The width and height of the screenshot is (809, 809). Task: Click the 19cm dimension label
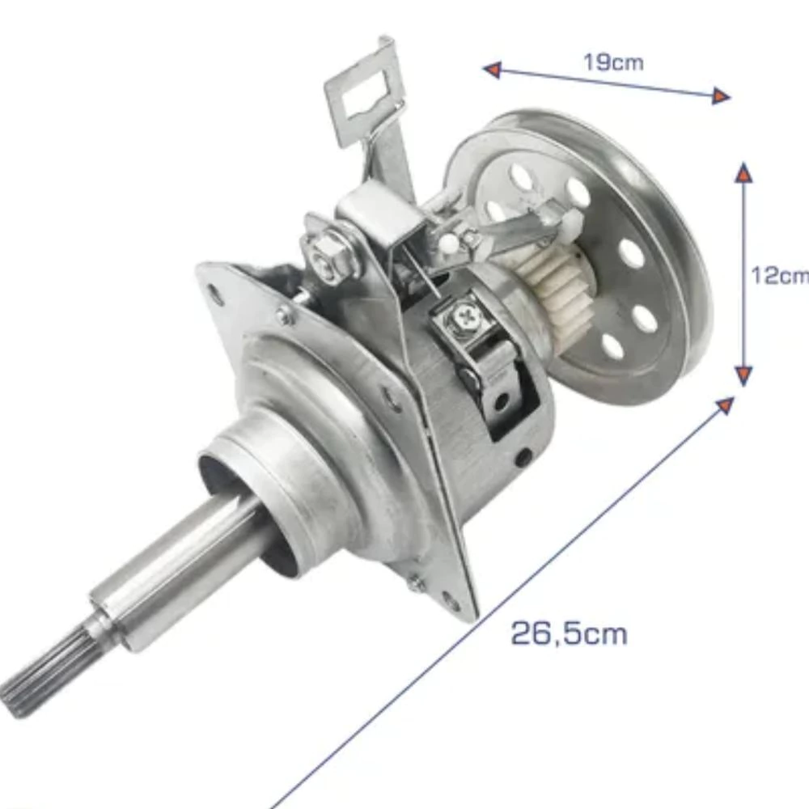coord(614,62)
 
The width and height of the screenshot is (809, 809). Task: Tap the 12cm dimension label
coord(780,275)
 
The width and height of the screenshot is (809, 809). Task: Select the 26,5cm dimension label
coord(569,633)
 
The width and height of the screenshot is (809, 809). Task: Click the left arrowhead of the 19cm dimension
coord(493,69)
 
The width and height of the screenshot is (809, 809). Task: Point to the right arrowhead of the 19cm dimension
coord(721,96)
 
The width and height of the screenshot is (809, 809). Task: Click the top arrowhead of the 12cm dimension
coord(743,172)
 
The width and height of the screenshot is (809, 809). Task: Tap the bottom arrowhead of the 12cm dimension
coord(743,376)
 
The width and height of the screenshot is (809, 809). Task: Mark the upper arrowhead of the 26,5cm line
coord(726,405)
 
